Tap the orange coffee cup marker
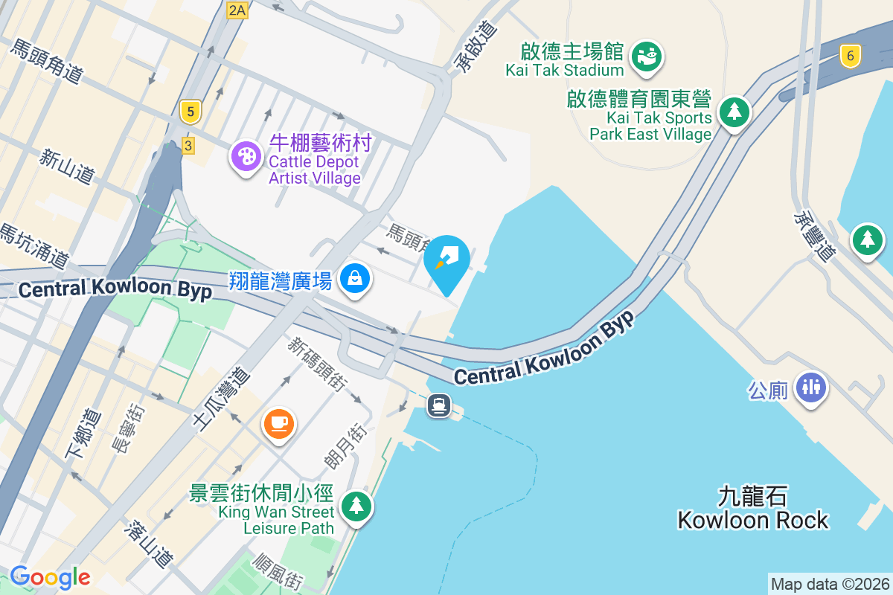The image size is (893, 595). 279,425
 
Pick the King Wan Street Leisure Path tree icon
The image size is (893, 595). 356,506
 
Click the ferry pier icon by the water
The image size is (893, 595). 439,405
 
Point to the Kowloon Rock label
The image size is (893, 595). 752,509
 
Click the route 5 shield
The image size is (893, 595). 191,113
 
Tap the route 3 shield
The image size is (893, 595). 188,146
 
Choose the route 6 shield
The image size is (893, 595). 850,56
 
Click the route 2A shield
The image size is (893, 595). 237,10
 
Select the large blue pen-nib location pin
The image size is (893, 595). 446,262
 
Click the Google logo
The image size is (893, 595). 50,576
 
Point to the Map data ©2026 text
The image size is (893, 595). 830,584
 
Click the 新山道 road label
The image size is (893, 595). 68,167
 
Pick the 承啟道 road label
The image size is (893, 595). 475,46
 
